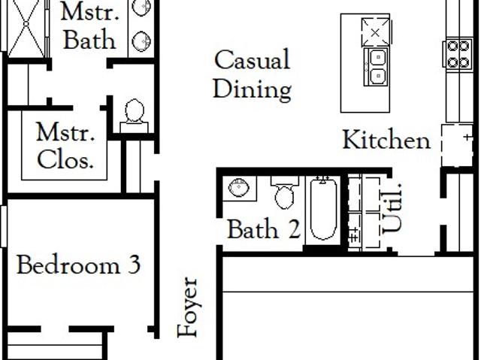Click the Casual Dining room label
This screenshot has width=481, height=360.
pyautogui.click(x=253, y=75)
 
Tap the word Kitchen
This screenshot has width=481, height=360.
pyautogui.click(x=386, y=140)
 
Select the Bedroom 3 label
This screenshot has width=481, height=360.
pyautogui.click(x=78, y=265)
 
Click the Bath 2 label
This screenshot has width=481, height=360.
pyautogui.click(x=264, y=228)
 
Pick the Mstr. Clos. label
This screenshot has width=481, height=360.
pyautogui.click(x=65, y=146)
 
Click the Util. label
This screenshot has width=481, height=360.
pyautogui.click(x=392, y=208)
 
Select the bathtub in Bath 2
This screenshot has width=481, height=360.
pyautogui.click(x=323, y=209)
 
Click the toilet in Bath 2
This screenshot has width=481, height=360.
pyautogui.click(x=284, y=193)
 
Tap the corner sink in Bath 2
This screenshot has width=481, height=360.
pyautogui.click(x=239, y=188)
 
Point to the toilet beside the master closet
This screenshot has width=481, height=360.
pyautogui.click(x=135, y=116)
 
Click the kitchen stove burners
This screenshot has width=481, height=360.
pyautogui.click(x=458, y=54)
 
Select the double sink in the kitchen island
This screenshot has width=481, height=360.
pyautogui.click(x=377, y=66)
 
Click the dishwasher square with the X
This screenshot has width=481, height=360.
pyautogui.click(x=376, y=32)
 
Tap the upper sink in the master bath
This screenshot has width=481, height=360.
pyautogui.click(x=142, y=7)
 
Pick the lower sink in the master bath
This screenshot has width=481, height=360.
pyautogui.click(x=142, y=41)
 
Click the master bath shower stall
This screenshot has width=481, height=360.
pyautogui.click(x=26, y=29)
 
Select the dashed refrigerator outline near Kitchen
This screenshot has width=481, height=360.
pyautogui.click(x=457, y=145)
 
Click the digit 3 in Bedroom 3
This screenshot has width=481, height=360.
pyautogui.click(x=134, y=265)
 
